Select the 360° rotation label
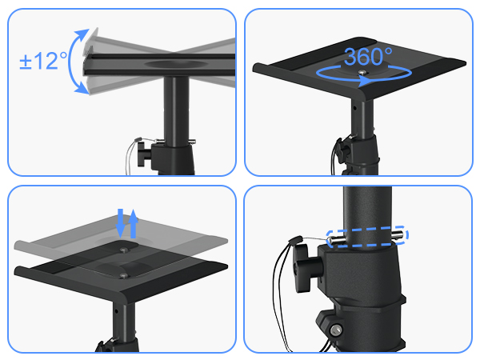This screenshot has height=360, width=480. (368, 56)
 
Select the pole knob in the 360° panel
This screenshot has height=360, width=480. (342, 150)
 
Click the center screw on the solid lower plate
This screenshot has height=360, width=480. (122, 275)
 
